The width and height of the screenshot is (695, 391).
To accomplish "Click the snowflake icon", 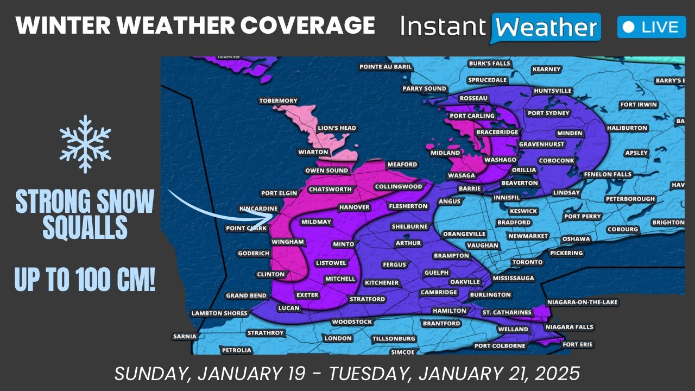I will coord(85,144).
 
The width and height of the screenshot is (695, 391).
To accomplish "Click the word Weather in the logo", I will coord(546,27).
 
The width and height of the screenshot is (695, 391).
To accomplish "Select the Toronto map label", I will coord(527,262).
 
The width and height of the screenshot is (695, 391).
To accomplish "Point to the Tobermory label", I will coord(278,101).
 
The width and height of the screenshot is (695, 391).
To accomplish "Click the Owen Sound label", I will coord(326,171).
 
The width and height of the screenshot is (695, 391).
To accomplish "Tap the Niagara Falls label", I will coord(570,327).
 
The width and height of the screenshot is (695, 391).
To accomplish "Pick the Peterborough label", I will coord(630,199).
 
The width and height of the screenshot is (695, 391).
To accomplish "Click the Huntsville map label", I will coord(553,91).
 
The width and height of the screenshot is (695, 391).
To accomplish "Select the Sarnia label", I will coord(185,337).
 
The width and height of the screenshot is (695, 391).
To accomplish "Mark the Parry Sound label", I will coord(424,89).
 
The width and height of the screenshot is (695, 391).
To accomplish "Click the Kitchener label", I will coord(382,283).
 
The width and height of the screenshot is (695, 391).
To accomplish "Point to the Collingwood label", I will coord(398,187).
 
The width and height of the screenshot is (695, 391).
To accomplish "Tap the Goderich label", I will coord(254,254).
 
